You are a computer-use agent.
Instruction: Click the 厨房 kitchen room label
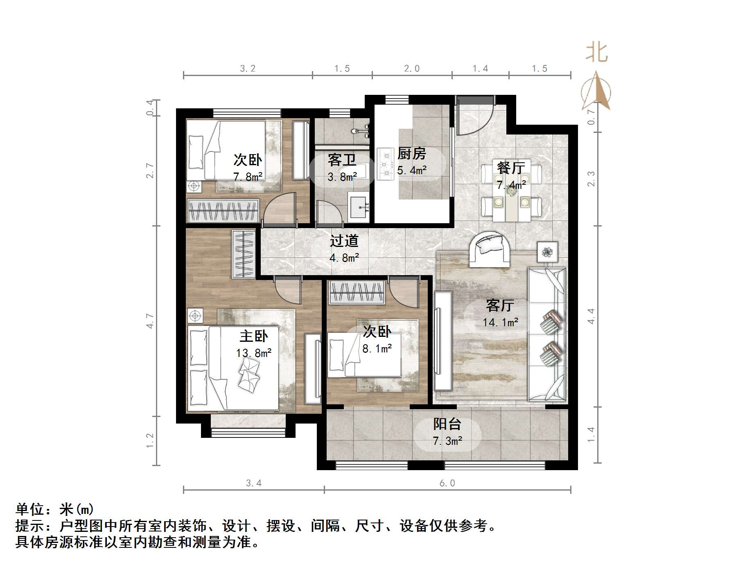click(411, 154)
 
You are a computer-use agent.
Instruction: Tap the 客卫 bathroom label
click(342, 160)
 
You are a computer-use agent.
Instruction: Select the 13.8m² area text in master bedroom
click(253, 352)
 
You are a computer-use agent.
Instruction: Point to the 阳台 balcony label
click(447, 424)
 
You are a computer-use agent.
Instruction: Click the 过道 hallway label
click(344, 241)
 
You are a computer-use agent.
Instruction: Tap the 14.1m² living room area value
click(500, 322)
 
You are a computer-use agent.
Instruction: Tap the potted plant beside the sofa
click(547, 252)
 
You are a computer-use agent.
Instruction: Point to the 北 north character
click(596, 53)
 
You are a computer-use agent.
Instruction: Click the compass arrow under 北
click(597, 92)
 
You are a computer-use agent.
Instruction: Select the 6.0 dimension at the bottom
click(447, 483)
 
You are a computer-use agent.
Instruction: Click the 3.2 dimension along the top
click(248, 69)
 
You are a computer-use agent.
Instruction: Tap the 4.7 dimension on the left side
click(150, 321)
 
